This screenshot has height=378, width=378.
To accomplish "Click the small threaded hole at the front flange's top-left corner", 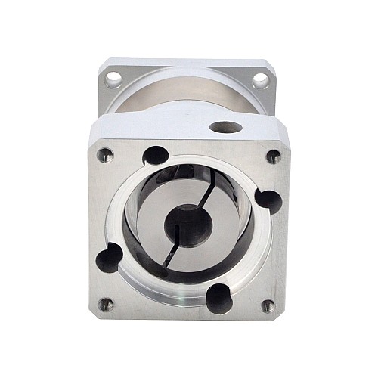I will (105, 156).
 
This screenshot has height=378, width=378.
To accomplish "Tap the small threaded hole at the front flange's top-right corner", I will (274, 156).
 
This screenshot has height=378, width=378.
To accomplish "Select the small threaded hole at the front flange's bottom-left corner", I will (106, 305).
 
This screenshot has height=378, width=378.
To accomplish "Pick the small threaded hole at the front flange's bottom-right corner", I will (268, 306).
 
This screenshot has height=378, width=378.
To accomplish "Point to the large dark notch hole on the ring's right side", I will (268, 200).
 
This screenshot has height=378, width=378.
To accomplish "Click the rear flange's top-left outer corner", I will (101, 60).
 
